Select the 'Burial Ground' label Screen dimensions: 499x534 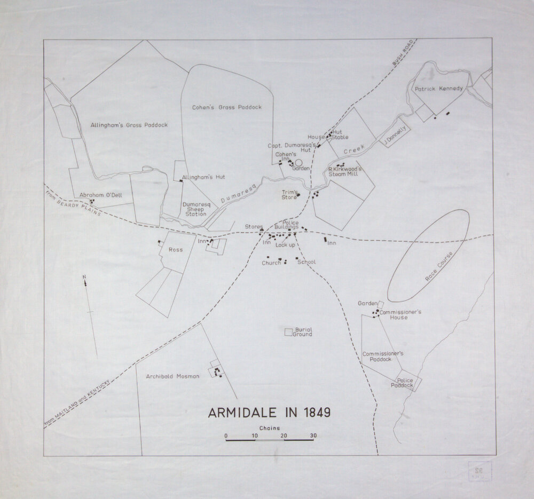pos(302,332)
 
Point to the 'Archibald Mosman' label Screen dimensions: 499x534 pos(172,376)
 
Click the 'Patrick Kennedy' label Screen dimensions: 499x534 pos(438,89)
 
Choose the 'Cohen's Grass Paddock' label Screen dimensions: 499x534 pos(227,107)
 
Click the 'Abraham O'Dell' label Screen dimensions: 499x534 pos(101,195)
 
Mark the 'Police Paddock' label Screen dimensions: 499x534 pos(402,382)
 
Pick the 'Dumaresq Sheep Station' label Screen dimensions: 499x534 pos(194,209)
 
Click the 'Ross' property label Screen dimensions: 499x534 pos(175,250)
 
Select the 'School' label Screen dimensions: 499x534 pos(307,262)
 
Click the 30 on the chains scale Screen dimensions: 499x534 pos(313,435)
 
